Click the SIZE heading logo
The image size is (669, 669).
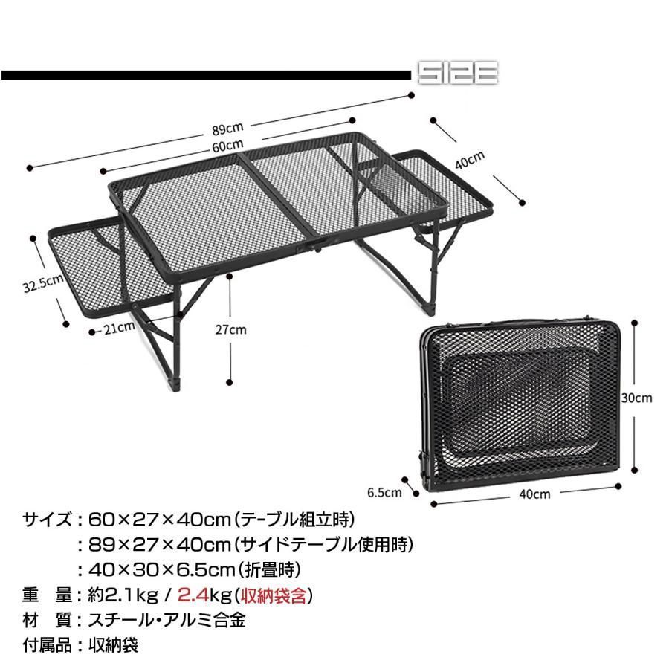(x=458, y=74)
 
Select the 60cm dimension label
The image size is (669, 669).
(x=227, y=146)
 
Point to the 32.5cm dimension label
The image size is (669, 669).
(x=43, y=283)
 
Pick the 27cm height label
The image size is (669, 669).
(x=230, y=329)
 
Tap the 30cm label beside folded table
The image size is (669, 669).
(x=636, y=398)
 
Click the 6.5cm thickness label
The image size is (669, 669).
(x=384, y=492)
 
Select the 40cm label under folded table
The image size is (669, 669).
(x=534, y=494)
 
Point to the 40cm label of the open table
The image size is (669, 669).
(x=470, y=160)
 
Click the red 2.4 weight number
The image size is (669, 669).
(x=193, y=595)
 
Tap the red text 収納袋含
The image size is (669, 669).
(x=274, y=595)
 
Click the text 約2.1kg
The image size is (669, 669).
(x=123, y=595)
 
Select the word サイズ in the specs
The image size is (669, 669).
(x=47, y=520)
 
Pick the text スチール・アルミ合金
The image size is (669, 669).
(x=167, y=621)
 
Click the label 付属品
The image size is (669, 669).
(x=47, y=645)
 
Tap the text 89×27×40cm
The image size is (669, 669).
(x=160, y=544)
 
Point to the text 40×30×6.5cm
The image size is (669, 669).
(x=162, y=569)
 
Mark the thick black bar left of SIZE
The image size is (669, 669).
(x=206, y=76)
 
